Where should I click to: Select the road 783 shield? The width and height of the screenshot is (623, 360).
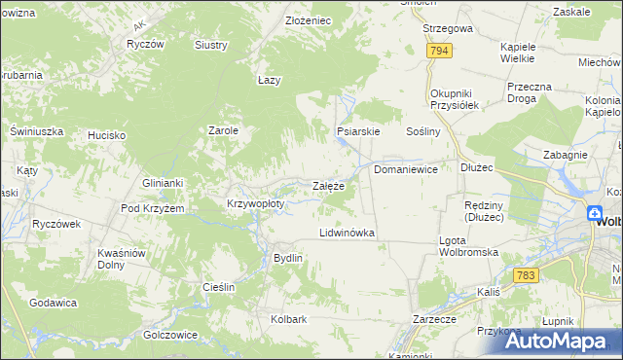pos(526,276)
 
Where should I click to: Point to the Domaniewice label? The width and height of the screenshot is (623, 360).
pos(406,169)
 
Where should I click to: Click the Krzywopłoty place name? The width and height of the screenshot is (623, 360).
pos(255,204)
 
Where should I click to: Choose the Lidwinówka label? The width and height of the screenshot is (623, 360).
pos(348,234)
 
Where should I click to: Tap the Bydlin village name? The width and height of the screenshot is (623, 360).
pos(288,258)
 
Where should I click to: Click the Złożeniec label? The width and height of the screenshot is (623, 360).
pos(309,20)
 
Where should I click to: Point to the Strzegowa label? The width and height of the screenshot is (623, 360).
pos(448,29)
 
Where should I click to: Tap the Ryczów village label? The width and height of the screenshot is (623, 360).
pos(145,45)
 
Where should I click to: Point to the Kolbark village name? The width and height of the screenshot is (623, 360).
pos(289,318)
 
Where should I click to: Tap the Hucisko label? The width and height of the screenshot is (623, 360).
pos(106,135)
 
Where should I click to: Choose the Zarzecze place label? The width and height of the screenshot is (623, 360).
pos(434,318)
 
